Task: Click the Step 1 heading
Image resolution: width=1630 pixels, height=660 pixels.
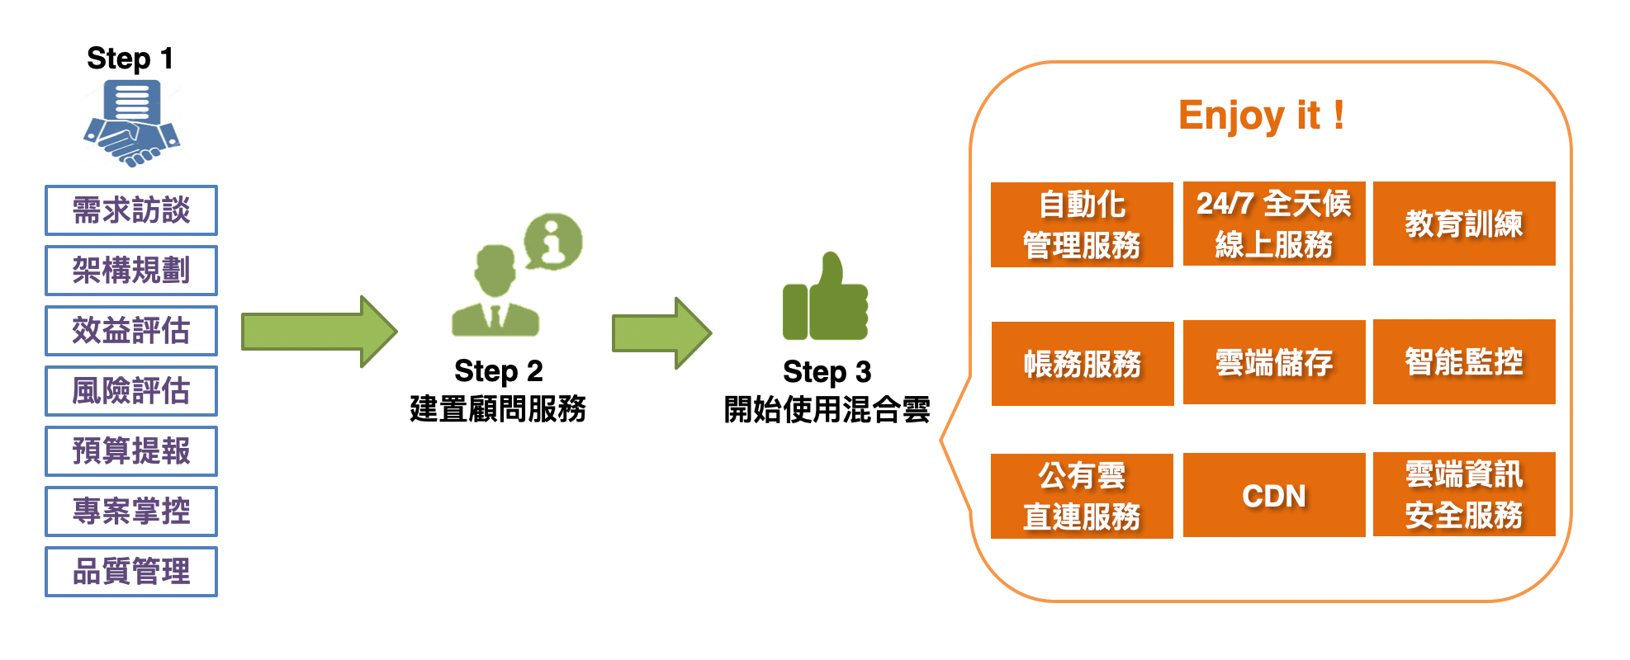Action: point(130,59)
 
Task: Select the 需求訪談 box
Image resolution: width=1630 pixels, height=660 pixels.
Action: point(131,210)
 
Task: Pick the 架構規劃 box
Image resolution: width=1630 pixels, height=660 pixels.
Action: point(131,271)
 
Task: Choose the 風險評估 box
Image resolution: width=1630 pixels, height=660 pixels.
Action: point(131,391)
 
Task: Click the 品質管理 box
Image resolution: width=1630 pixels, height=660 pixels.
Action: point(131,572)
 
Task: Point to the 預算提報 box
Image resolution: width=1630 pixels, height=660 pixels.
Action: point(131,451)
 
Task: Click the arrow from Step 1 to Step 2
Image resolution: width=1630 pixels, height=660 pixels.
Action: point(319,332)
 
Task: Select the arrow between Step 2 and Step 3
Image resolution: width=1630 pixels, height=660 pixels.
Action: point(661,333)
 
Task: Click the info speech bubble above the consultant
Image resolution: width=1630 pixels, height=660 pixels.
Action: point(553,241)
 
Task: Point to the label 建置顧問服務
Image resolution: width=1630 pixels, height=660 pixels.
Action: point(498,409)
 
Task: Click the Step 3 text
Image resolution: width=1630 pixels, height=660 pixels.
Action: point(827,372)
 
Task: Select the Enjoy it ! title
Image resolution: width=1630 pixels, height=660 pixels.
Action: point(1261,115)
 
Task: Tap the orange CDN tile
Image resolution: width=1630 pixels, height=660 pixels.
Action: point(1274,496)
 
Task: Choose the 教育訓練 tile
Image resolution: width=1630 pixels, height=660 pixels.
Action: point(1464,224)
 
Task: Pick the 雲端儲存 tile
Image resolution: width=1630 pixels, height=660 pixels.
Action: point(1274,363)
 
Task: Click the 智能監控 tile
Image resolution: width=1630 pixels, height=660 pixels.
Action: point(1464,362)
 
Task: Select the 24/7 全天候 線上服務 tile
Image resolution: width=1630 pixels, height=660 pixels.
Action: point(1274,224)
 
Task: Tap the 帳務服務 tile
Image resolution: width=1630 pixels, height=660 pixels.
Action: point(1083,364)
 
